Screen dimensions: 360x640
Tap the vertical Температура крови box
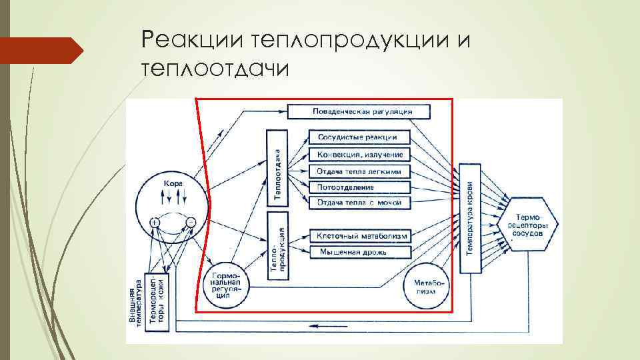pyautogui.click(x=470, y=219)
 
